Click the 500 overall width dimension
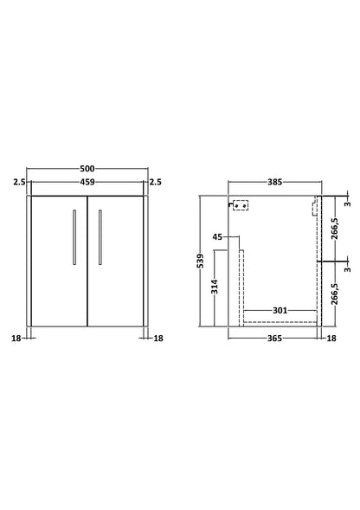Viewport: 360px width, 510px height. [x=87, y=169]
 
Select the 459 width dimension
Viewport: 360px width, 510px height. [x=87, y=182]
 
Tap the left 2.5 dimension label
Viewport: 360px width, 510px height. [x=19, y=182]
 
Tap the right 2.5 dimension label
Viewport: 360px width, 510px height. [x=155, y=182]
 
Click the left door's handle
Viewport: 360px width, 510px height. [x=74, y=237]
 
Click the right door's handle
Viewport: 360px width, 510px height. [x=100, y=237]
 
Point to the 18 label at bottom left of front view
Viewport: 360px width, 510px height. [x=16, y=339]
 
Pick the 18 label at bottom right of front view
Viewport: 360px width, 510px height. [x=158, y=339]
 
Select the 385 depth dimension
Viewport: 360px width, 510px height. [x=275, y=182]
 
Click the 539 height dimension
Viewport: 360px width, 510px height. [x=201, y=261]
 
